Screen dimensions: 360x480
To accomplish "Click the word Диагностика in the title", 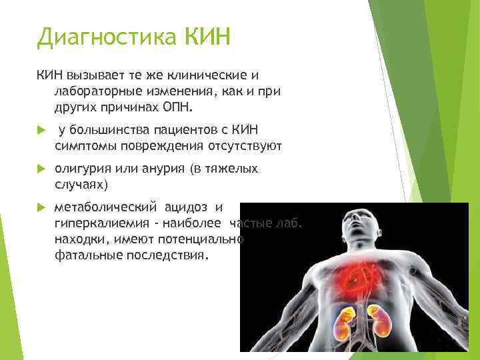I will click(x=106, y=37).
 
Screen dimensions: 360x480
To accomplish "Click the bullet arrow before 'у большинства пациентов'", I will click(x=41, y=129).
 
